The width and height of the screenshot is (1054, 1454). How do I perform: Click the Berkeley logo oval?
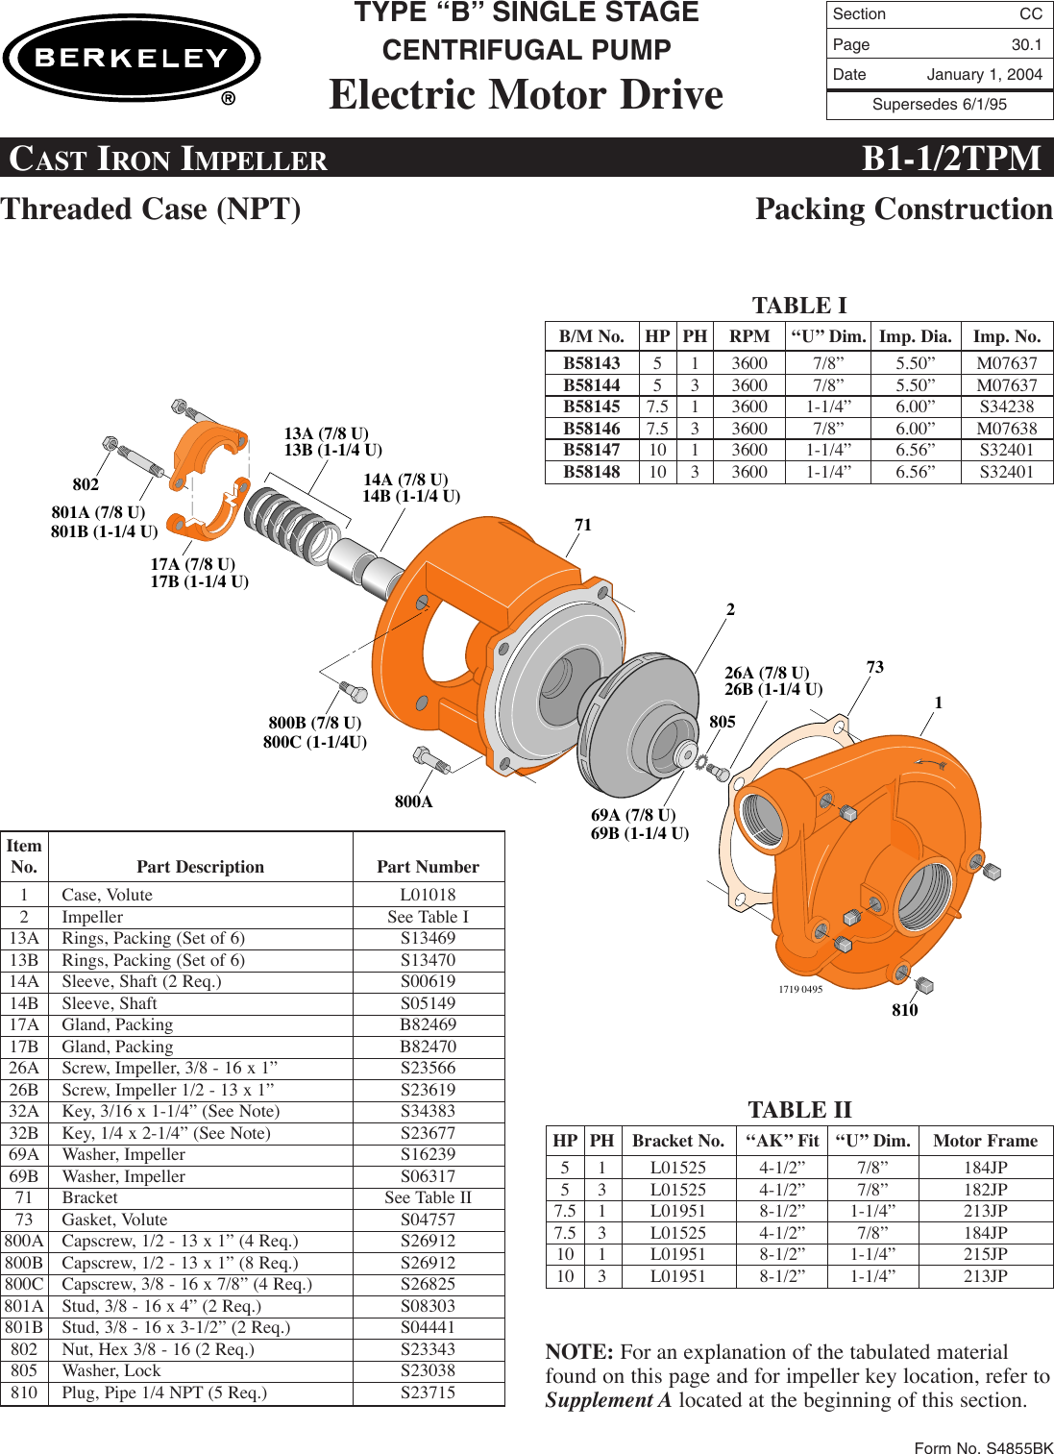tap(132, 59)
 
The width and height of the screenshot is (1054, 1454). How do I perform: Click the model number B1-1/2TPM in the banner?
tap(950, 158)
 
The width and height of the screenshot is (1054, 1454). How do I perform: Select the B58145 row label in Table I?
tap(591, 407)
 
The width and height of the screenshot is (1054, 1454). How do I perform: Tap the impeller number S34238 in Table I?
tap(1006, 407)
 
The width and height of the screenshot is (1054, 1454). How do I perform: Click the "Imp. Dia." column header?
tap(915, 336)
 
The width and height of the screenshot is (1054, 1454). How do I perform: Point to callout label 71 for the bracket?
tap(583, 525)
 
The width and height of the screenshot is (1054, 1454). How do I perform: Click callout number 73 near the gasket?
tap(874, 667)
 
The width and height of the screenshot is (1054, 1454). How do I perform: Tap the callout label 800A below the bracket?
tap(413, 801)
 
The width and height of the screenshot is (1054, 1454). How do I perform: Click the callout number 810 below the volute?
tap(904, 1010)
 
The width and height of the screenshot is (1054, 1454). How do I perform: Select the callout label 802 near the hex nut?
tap(86, 484)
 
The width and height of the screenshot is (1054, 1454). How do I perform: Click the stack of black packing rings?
tap(291, 525)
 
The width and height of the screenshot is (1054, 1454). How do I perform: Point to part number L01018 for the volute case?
tap(428, 895)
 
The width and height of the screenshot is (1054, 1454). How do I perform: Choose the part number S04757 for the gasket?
tap(428, 1220)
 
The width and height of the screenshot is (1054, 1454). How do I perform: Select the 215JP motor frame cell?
tap(985, 1254)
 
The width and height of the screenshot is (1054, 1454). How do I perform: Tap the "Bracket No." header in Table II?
tap(677, 1141)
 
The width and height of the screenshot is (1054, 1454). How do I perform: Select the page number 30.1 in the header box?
tap(1026, 44)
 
